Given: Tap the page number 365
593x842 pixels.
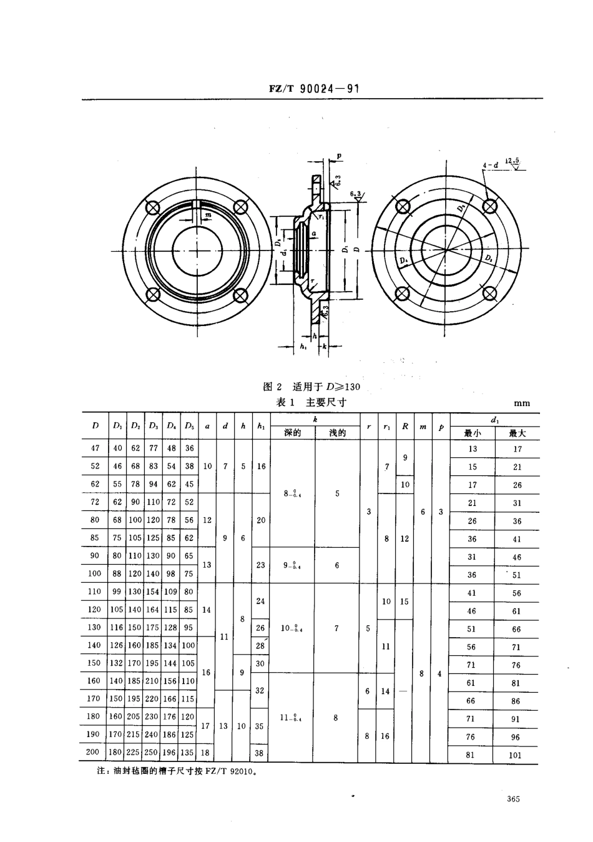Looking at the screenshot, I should pos(514,799).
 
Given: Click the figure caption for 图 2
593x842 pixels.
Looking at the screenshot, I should pos(312,387).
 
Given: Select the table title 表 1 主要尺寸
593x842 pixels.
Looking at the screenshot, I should pos(311,403).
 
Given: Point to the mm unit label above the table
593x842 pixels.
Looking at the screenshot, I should pos(521,404).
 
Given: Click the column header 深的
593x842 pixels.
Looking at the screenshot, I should pos(292,433).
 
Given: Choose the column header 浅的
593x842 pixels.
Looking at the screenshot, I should pos(337,433).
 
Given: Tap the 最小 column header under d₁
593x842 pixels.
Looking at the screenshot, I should pos(472,433).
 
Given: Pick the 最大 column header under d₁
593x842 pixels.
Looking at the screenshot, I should pos(517,433).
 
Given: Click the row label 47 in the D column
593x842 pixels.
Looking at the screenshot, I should pos(96,448).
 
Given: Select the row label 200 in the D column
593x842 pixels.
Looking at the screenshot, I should pos(93,752).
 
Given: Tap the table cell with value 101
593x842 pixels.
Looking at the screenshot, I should pos(516,755).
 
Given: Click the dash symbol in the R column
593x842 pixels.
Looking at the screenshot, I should pos(404,691).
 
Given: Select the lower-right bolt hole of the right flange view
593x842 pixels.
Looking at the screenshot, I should pos(491,293).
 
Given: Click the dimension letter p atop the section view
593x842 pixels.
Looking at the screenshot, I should pos(339,156).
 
